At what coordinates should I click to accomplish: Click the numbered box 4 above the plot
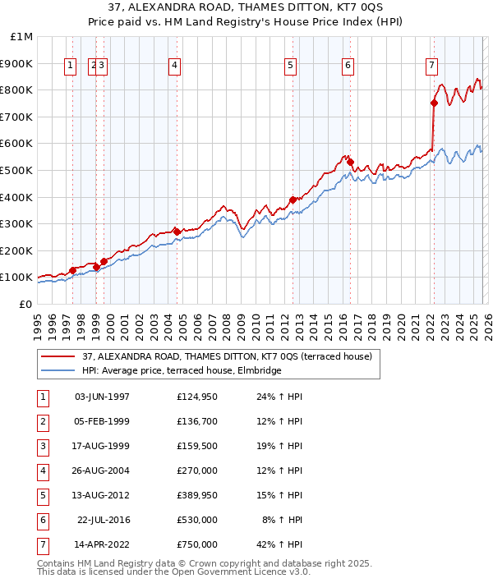click(175, 67)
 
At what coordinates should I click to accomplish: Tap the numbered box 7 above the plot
click(432, 67)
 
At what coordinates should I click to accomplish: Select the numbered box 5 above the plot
click(291, 67)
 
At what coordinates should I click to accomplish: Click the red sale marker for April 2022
click(434, 103)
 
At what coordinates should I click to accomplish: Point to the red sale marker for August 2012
click(293, 200)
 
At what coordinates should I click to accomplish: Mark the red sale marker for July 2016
click(350, 163)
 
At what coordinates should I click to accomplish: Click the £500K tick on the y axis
click(17, 170)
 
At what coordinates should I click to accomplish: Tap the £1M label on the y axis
click(22, 37)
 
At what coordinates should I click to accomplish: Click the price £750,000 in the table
click(197, 544)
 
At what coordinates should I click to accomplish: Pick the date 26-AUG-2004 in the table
click(102, 471)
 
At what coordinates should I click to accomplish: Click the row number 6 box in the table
click(43, 520)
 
